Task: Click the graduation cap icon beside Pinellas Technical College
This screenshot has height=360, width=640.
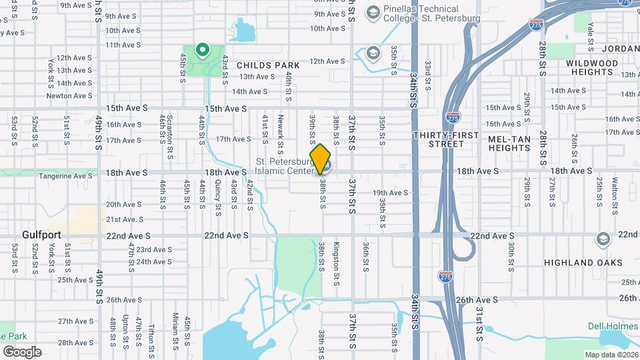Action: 373,11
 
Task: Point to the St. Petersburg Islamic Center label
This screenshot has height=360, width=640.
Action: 285,167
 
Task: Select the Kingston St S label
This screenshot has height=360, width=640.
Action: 337,261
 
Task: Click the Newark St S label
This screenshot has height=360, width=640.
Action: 281,131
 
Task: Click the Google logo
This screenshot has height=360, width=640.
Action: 23,351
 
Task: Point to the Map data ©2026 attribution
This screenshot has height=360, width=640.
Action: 611,355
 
